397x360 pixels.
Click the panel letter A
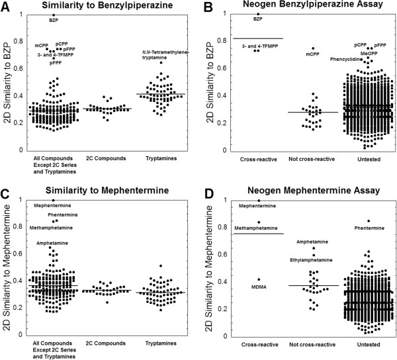pyautogui.click(x=5, y=7)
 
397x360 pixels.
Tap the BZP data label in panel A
pyautogui.click(x=54, y=21)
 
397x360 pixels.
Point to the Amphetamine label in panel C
pyautogui.click(x=52, y=243)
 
